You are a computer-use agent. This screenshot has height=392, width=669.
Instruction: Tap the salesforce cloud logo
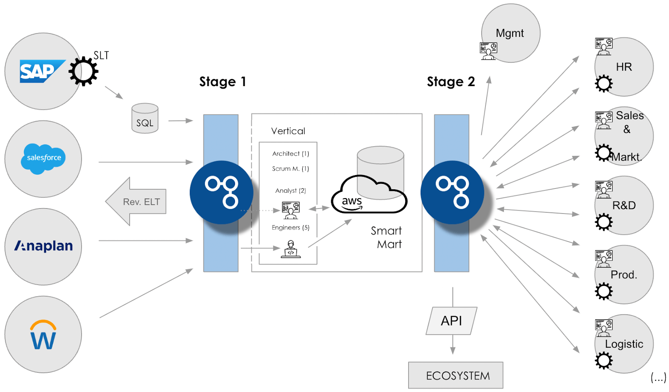point(43,158)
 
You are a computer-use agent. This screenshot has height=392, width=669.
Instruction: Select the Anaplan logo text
point(43,246)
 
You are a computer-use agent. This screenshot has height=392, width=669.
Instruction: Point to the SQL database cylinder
point(145,119)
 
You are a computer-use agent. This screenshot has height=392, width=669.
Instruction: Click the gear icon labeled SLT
point(84,71)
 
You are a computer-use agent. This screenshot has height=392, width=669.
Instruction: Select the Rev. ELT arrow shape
point(136,201)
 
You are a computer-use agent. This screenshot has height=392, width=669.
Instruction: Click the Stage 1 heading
point(222,81)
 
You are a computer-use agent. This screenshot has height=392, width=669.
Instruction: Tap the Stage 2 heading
point(451,81)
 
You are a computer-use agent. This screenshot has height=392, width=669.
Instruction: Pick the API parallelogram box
point(452,321)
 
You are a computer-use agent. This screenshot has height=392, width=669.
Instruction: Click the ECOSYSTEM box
point(456,375)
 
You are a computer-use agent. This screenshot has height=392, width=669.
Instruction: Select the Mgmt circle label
point(510,33)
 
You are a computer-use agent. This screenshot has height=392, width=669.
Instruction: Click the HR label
point(623,67)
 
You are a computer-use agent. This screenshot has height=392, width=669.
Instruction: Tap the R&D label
point(624,205)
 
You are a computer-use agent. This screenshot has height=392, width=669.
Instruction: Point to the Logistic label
point(624,344)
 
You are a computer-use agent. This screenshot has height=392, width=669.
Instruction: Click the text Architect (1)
point(291,154)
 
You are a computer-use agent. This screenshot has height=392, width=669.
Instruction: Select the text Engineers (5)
point(291,227)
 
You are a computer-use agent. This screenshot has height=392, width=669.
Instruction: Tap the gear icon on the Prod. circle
point(603,291)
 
